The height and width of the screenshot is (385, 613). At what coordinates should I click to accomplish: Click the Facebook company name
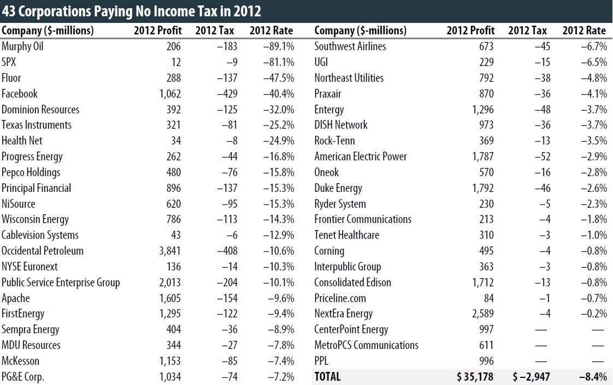20,94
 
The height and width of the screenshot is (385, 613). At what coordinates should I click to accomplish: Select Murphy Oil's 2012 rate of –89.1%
279,46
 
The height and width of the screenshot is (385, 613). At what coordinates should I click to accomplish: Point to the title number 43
10,11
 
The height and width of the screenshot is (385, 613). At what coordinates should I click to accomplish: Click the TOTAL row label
327,376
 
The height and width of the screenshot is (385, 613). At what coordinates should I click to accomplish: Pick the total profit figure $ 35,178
471,376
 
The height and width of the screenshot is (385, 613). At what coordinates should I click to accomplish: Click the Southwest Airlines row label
350,46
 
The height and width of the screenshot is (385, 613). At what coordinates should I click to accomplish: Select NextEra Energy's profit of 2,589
481,314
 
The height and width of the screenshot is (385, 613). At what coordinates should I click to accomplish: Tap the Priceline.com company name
340,298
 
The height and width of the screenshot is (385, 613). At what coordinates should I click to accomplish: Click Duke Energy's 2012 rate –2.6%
594,188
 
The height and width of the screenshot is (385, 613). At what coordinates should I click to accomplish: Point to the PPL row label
322,361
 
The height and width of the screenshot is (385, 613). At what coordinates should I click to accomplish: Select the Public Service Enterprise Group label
61,282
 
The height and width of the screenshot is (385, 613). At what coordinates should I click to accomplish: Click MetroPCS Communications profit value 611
486,345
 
